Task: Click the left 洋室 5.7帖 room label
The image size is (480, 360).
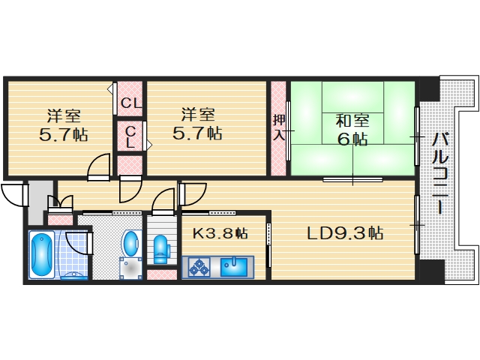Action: point(64,125)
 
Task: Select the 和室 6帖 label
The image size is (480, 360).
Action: point(351,129)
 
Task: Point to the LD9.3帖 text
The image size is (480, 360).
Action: point(345,233)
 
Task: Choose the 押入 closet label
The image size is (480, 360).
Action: point(279,127)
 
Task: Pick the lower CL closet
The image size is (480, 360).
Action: point(130,137)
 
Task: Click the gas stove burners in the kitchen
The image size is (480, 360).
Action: point(199,266)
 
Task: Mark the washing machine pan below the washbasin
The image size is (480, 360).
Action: point(131,268)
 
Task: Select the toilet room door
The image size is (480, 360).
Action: point(163,202)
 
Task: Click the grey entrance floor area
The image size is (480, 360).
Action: point(37,202)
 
